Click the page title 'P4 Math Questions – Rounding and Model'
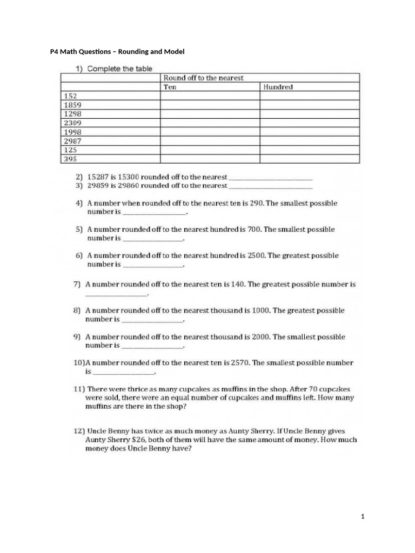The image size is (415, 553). point(117,51)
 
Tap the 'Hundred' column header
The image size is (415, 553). point(278,87)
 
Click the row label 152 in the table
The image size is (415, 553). point(70,96)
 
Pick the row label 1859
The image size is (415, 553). point(72,105)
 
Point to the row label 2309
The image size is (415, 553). point(72,123)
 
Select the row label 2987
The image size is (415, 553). point(72,141)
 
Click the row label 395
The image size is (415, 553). point(70,159)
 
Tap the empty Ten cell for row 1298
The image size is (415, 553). point(210,114)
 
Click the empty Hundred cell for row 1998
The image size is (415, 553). point(310,132)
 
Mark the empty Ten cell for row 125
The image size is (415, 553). point(210,150)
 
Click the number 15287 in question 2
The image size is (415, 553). point(97,177)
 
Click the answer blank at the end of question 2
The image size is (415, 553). point(271,177)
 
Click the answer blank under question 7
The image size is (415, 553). point(116,294)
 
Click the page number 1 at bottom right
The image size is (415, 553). point(363,517)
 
